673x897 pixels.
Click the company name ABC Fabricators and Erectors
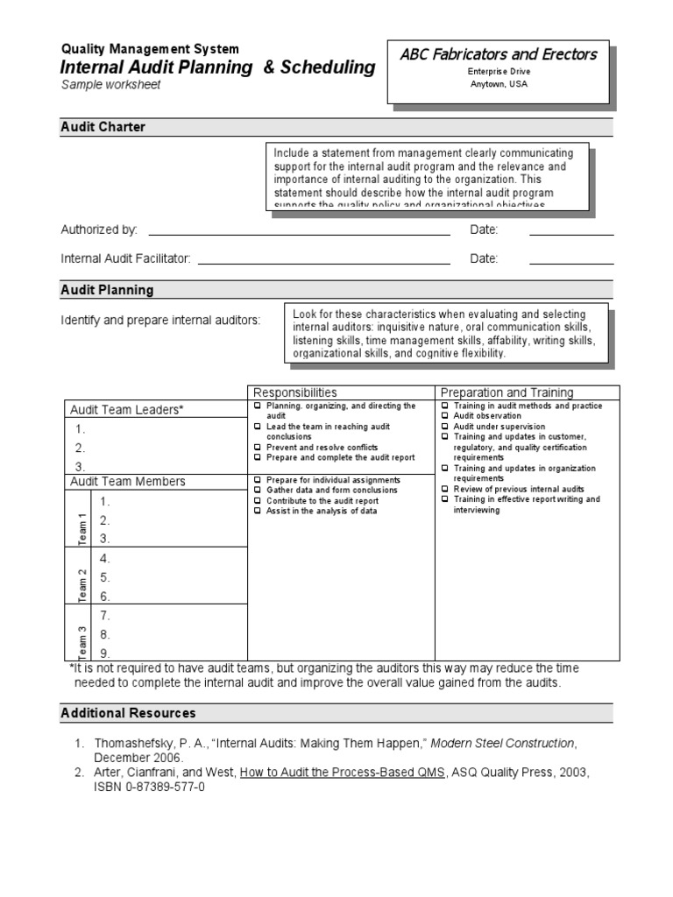coord(498,54)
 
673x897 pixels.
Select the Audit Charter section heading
coord(103,127)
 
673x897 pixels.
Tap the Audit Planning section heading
coord(106,290)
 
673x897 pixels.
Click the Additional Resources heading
coord(128,713)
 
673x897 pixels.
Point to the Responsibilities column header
coord(294,393)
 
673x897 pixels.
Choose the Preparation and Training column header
coord(507,393)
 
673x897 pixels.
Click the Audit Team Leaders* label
coord(127,410)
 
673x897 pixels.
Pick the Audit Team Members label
coord(128,482)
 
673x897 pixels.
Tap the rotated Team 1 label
coord(83,527)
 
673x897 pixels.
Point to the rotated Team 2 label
coord(83,583)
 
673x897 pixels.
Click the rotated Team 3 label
coord(83,641)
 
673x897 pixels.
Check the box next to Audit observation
coord(445,417)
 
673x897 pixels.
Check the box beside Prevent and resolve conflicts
coord(257,448)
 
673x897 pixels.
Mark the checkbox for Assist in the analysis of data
coord(257,511)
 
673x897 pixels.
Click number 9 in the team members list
coord(104,653)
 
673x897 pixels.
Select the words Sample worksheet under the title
coord(110,85)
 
